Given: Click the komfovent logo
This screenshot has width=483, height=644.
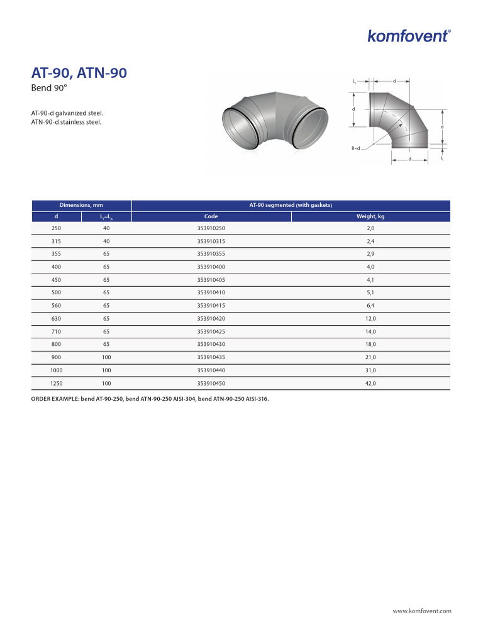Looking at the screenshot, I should (409, 35).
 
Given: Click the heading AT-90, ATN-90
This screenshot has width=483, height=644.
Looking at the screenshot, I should (79, 73).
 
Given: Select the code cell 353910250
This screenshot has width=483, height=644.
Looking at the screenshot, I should (211, 228).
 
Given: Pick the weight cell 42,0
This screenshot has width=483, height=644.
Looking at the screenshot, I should (370, 383).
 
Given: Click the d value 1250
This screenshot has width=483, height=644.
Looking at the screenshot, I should (56, 383).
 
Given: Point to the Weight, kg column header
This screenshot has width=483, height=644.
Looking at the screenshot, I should (370, 216).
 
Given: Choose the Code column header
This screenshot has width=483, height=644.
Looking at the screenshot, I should (211, 216).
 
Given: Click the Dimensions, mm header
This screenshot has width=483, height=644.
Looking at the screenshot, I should (81, 205).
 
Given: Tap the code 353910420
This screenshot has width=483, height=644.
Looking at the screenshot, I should (211, 319).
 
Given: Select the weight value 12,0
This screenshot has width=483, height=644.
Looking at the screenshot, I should (370, 319).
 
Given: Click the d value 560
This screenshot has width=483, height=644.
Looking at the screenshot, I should (56, 306).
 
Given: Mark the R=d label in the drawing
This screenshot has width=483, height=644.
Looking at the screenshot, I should (355, 148).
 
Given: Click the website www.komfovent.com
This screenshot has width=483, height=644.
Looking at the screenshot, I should (422, 611).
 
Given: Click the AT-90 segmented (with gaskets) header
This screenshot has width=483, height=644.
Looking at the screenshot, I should (291, 205).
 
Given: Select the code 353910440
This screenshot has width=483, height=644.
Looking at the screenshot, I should (211, 370).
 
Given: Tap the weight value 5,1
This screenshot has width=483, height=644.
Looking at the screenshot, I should (370, 293).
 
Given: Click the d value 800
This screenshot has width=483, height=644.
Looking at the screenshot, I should (56, 345).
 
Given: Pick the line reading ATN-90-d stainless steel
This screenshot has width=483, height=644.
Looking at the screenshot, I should (66, 122).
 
